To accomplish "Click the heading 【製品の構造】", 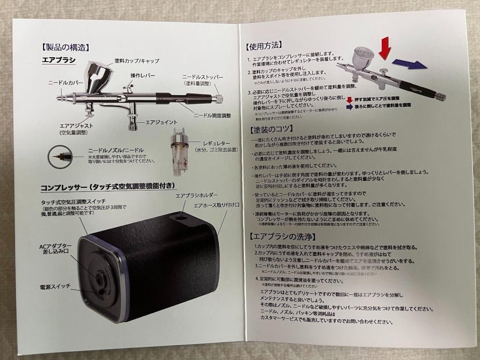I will pyautogui.click(x=65, y=46).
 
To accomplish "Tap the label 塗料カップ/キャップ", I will pyautogui.click(x=136, y=60).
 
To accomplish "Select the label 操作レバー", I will pyautogui.click(x=143, y=75).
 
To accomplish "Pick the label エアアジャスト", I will pyautogui.click(x=76, y=125).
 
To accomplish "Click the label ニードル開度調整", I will pyautogui.click(x=213, y=115).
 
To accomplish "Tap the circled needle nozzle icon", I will pyautogui.click(x=58, y=156).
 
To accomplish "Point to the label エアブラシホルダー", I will pyautogui.click(x=197, y=195).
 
